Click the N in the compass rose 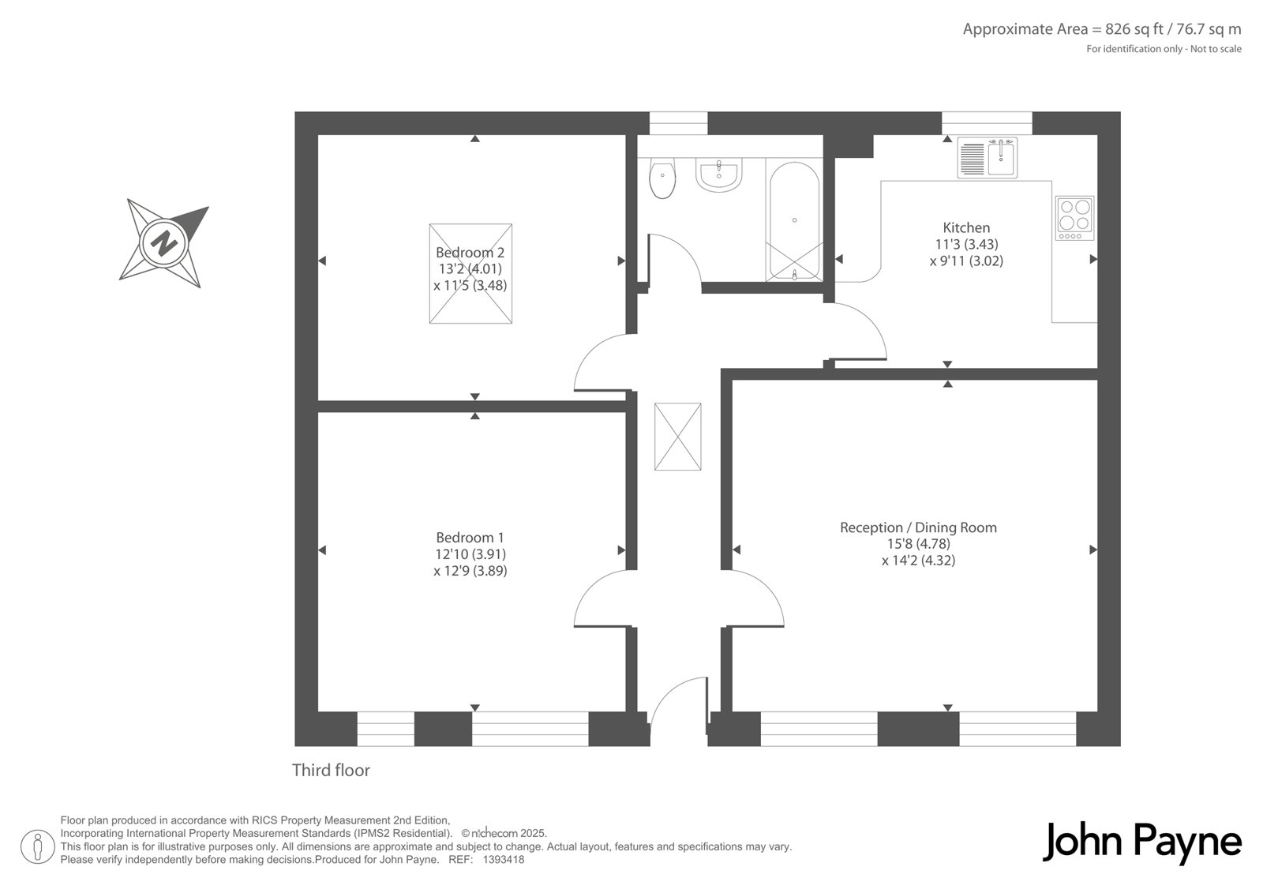163,244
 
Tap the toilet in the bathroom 662,178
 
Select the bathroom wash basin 719,174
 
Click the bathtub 794,220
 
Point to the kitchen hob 1074,218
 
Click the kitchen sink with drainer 988,158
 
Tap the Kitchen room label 966,228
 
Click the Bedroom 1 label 470,538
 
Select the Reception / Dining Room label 919,527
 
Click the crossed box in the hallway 678,437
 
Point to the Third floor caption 331,770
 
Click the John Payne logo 1141,842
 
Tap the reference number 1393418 504,860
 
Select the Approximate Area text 1102,28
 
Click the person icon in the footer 38,846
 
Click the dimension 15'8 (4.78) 919,544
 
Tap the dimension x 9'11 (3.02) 966,261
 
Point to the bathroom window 678,123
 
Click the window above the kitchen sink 987,123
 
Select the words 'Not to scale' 1216,49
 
